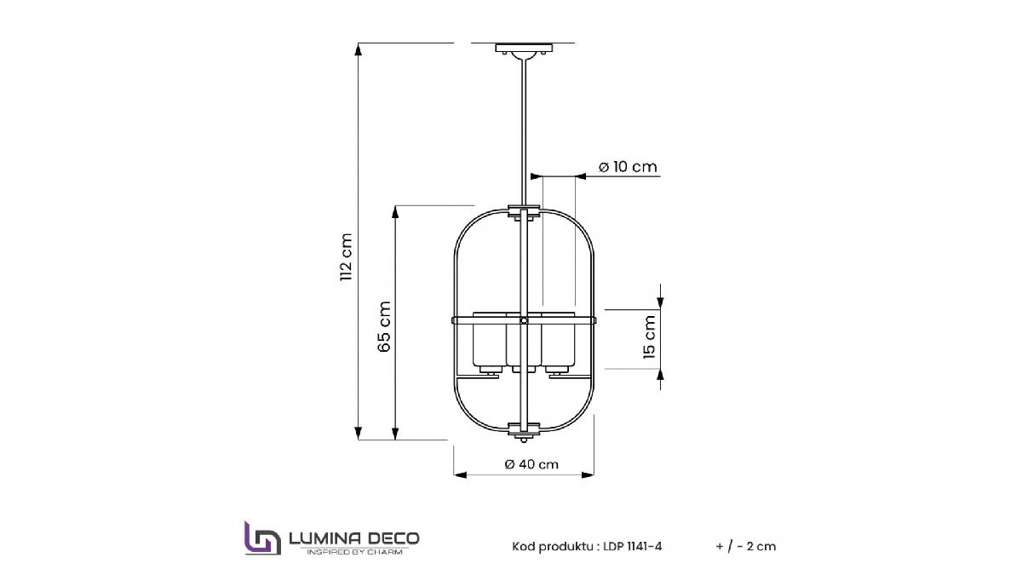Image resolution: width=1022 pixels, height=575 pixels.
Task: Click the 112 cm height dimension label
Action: click(345, 257)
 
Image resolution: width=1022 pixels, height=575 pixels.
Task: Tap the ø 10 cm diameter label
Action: click(628, 167)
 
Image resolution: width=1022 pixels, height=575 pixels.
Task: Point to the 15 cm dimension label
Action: click(650, 336)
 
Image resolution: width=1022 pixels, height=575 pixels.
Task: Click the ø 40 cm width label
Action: click(531, 464)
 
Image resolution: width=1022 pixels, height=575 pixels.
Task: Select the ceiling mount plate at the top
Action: click(524, 49)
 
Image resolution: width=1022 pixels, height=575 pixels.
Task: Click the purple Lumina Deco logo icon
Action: click(262, 538)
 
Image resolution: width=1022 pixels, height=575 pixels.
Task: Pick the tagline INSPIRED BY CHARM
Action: click(354, 553)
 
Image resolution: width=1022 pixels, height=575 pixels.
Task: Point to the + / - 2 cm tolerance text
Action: click(746, 546)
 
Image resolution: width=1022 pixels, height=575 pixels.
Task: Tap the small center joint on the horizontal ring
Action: click(524, 320)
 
